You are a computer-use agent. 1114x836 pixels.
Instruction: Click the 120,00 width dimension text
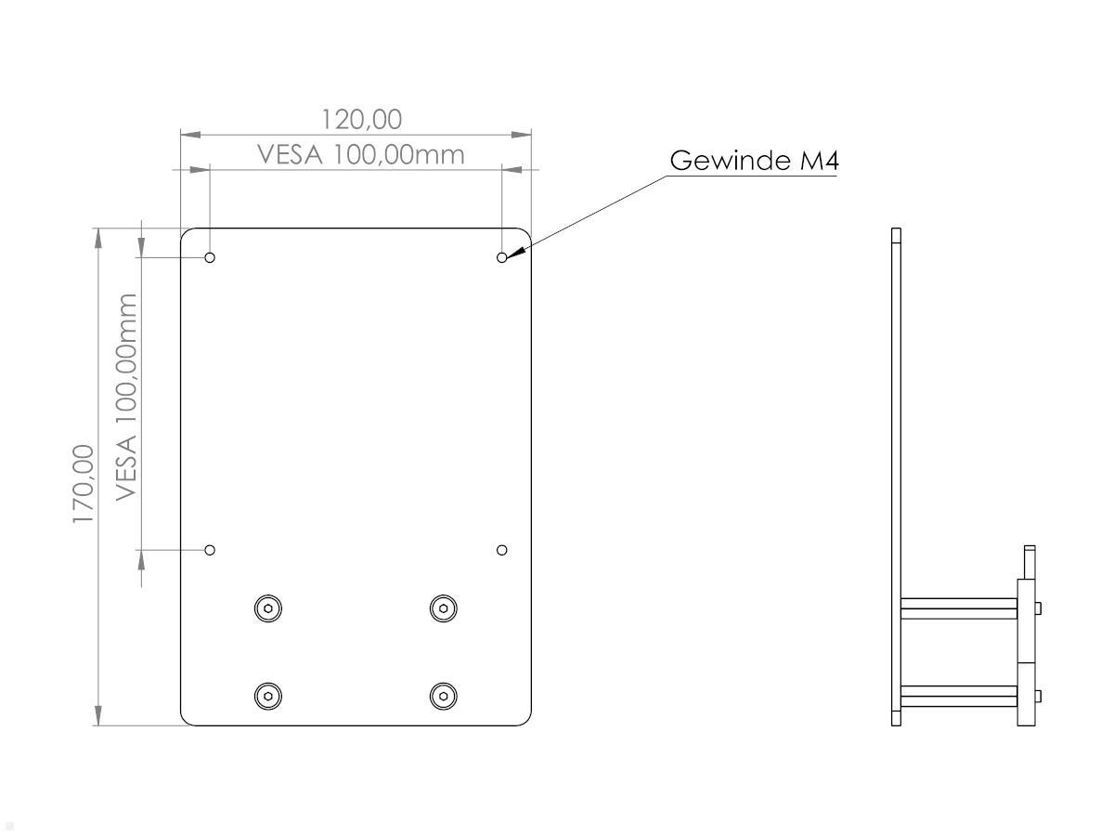coord(362,120)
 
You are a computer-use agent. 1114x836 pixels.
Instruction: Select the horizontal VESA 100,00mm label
coord(361,154)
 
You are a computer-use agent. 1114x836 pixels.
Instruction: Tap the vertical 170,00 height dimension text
coord(84,483)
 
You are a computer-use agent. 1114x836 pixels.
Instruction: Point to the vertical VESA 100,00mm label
coord(126,398)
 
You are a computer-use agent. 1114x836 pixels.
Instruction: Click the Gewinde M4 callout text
coord(754,161)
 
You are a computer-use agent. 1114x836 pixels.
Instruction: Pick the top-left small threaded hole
coord(210,257)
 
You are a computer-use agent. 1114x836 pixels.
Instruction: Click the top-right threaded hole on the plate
coord(502,257)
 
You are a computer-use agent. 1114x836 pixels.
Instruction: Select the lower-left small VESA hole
coord(210,550)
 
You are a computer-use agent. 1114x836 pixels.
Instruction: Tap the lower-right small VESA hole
coord(502,550)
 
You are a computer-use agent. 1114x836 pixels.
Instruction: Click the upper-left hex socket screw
coord(268,608)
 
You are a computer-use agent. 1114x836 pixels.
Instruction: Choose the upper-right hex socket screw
coord(444,608)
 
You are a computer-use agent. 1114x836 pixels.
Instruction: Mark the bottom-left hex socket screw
coord(268,695)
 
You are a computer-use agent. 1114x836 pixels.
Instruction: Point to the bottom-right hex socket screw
coord(444,695)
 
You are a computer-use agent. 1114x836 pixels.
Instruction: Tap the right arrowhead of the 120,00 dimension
coord(522,135)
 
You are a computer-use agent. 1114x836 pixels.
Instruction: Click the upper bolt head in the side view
coord(1038,608)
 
